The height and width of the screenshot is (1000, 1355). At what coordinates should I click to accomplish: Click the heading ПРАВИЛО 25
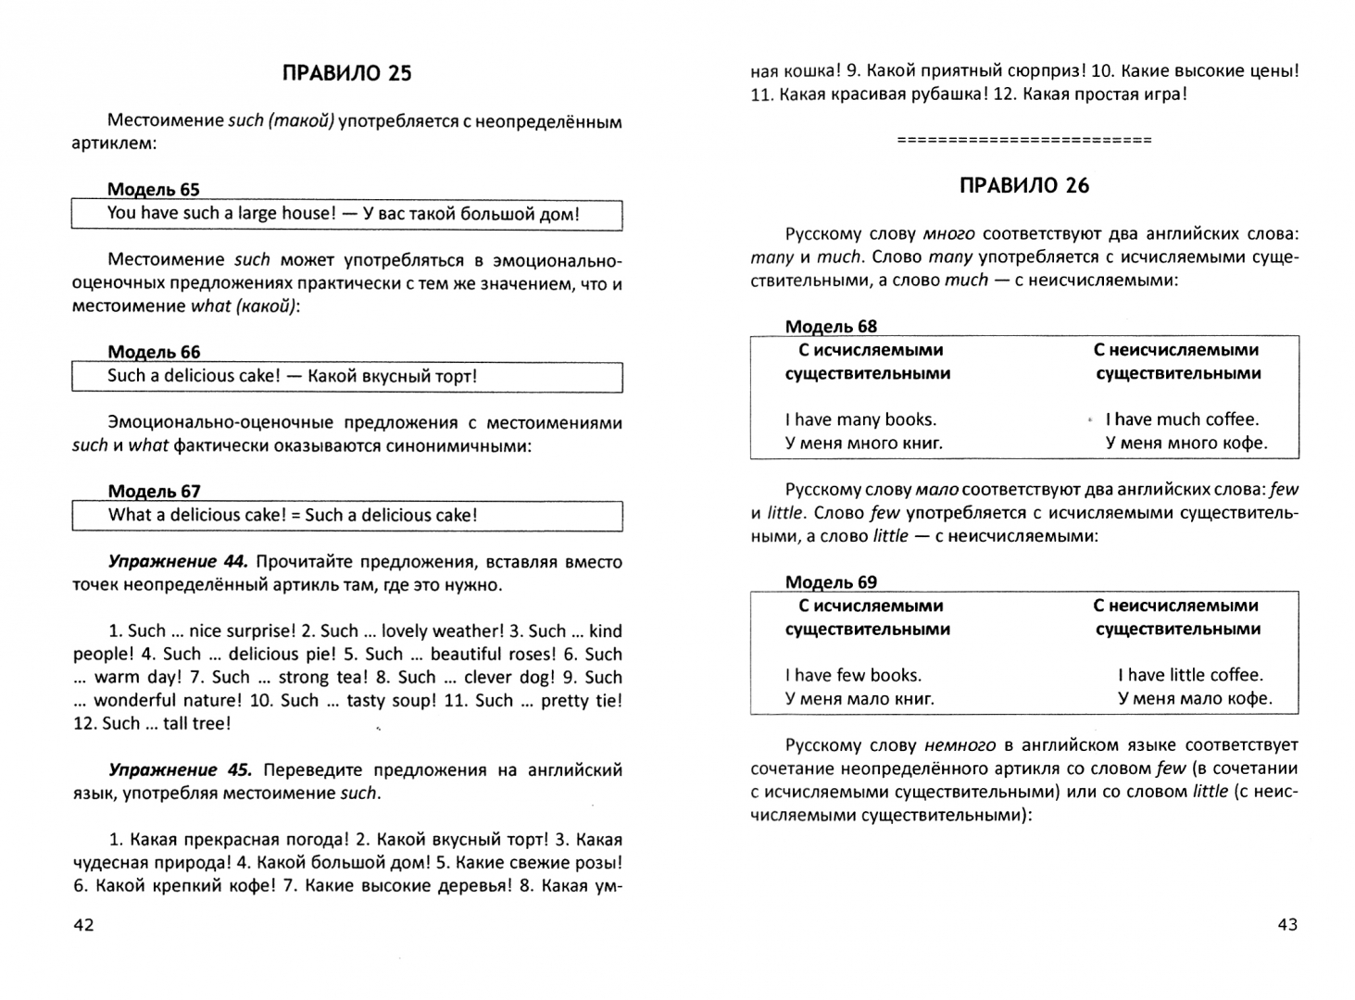(x=346, y=73)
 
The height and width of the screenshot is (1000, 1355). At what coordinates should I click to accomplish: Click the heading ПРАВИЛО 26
(x=1024, y=185)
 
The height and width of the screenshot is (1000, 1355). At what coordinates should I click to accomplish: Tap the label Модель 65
(x=154, y=190)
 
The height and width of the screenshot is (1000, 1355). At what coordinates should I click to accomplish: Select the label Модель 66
(x=154, y=352)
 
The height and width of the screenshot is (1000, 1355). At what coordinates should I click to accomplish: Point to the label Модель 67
(x=154, y=492)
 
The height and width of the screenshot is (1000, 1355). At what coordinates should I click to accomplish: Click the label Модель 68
(x=831, y=326)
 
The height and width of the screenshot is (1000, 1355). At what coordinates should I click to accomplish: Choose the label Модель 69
(x=831, y=582)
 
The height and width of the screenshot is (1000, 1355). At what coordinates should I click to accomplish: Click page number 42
(x=83, y=925)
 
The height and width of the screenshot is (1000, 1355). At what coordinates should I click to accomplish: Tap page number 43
(x=1287, y=924)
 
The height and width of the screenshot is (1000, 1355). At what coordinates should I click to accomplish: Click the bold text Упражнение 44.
(x=178, y=562)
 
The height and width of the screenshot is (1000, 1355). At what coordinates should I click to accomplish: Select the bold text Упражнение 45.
(x=178, y=770)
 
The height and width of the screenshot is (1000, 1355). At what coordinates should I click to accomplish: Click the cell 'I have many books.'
(x=860, y=419)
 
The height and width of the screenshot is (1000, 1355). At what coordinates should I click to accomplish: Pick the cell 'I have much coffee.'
(x=1182, y=419)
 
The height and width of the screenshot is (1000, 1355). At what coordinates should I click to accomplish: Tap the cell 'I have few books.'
(x=853, y=675)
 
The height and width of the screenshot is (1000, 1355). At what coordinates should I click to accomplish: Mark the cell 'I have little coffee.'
(x=1190, y=675)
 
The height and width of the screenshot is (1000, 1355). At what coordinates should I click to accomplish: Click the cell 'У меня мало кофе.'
(x=1195, y=698)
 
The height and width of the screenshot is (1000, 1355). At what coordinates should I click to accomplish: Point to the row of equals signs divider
(x=1024, y=140)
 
